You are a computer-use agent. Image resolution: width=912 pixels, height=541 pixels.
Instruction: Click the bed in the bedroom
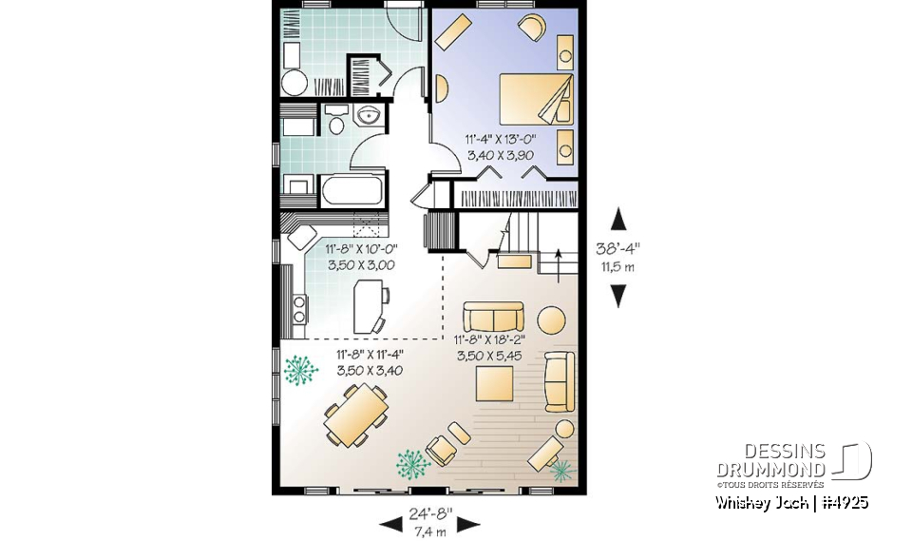537,98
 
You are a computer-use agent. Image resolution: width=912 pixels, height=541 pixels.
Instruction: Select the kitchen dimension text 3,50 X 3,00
361,265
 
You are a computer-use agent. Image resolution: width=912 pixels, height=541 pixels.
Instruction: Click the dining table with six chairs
356,419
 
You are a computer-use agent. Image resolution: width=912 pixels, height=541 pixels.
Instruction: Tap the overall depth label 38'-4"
617,250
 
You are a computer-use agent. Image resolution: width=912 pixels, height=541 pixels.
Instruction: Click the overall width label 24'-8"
429,513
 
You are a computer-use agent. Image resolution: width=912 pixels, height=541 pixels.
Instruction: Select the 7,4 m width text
429,529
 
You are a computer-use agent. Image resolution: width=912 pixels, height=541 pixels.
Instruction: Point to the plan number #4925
842,502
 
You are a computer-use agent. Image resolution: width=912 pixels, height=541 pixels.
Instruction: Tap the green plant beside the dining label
301,369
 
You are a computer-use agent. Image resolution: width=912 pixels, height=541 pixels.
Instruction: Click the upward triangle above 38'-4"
618,220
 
